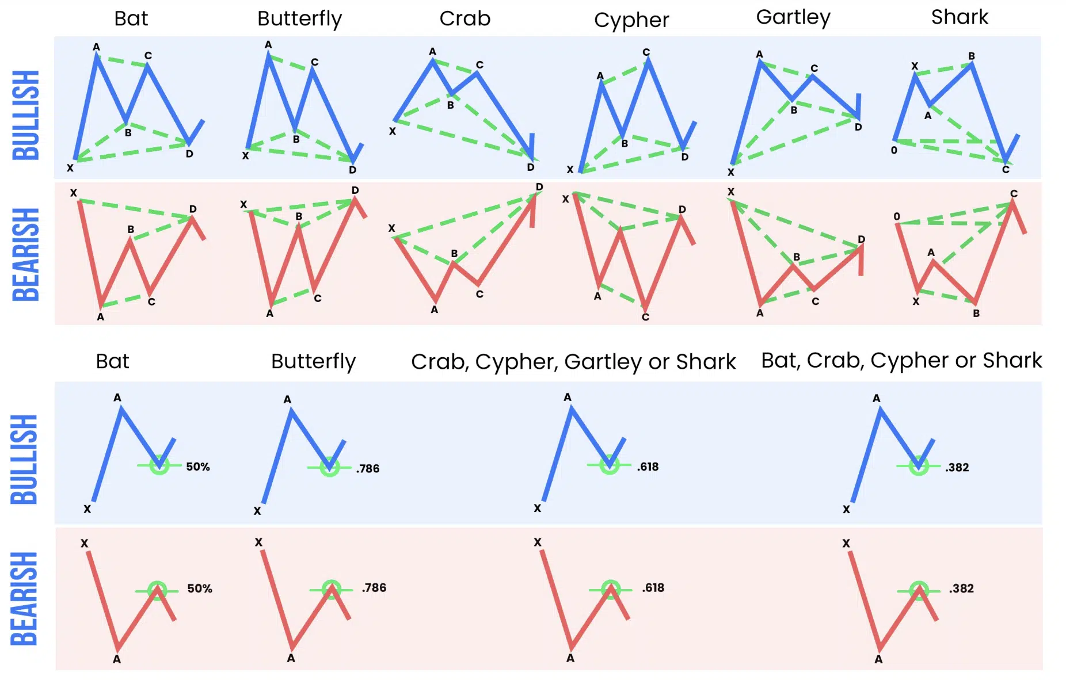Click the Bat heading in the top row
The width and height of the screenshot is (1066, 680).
[x=131, y=18]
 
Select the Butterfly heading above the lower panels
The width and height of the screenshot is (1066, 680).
[x=313, y=361]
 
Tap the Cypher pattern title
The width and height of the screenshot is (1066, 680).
[x=631, y=20]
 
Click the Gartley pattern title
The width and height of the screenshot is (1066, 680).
[x=793, y=17]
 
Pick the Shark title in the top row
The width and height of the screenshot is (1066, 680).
[x=960, y=17]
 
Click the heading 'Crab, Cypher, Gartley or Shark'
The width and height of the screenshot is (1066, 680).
[x=573, y=362]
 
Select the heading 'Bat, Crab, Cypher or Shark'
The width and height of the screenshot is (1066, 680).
[x=901, y=360]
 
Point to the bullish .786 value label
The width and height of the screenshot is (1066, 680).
[x=367, y=468]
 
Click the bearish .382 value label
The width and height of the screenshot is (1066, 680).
[x=961, y=589]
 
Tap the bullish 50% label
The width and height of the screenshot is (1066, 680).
[x=197, y=467]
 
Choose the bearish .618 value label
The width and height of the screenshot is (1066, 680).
[x=653, y=588]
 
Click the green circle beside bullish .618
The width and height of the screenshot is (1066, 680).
[x=609, y=464]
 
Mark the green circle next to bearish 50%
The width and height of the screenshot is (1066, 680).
[x=157, y=590]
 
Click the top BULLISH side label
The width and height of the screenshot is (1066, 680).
[x=26, y=115]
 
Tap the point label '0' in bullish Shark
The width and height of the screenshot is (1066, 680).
[x=893, y=150]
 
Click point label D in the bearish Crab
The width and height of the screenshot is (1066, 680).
[x=539, y=187]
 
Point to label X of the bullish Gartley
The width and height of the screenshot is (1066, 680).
[x=730, y=172]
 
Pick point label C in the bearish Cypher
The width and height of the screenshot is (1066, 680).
[x=645, y=317]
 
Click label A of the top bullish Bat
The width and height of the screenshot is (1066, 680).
[x=96, y=47]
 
